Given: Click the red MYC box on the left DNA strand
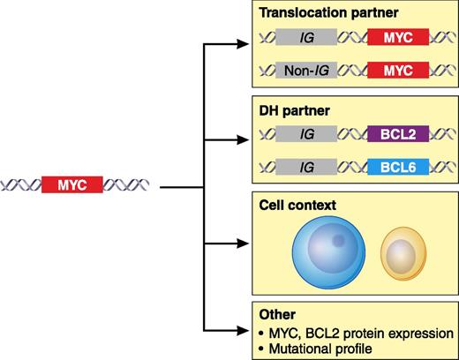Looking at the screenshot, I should (x=71, y=186).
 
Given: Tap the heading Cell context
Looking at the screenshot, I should (x=286, y=206).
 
